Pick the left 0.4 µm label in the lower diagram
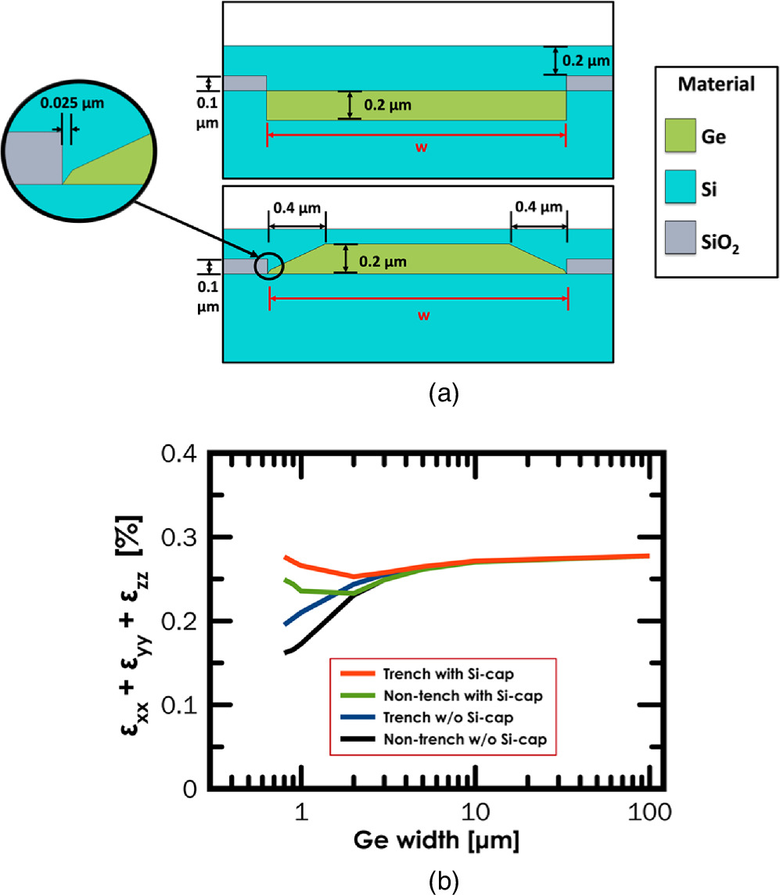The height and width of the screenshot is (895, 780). coord(296,207)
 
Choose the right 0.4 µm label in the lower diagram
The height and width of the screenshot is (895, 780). coord(538,207)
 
